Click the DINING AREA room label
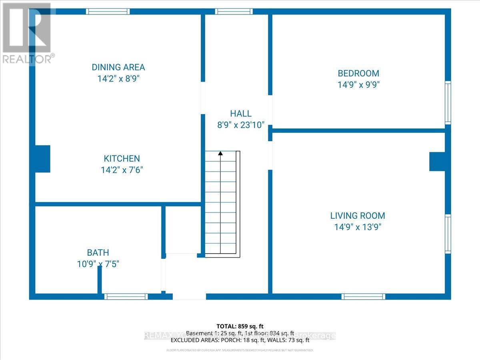118,67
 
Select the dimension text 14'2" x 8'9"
118,79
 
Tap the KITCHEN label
122,158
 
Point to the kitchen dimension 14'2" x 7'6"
122,170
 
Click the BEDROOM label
358,73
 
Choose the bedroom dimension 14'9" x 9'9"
358,85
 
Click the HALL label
241,114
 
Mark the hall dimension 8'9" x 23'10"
241,125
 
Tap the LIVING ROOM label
358,216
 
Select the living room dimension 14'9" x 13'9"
358,227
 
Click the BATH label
98,252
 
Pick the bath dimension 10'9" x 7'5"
98,264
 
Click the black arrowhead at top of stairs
220,153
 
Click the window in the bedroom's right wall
448,103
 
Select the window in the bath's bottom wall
126,296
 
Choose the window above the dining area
108,12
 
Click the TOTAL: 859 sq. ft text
240,326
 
